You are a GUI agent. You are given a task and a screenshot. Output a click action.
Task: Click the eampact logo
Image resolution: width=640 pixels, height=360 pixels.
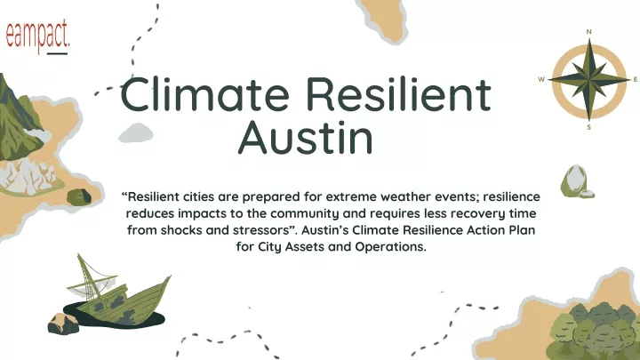tap(37, 36)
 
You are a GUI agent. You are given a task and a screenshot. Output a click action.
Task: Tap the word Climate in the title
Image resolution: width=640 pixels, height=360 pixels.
tap(205, 94)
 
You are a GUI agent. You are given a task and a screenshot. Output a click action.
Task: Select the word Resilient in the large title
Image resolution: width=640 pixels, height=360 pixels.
tap(399, 94)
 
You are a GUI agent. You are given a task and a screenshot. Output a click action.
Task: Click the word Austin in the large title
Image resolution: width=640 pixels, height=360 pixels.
tap(305, 137)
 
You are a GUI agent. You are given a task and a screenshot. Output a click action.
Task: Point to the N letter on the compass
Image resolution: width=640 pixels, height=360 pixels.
tap(588, 32)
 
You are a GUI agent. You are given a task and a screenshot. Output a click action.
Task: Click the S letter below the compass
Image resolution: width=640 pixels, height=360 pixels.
tap(588, 127)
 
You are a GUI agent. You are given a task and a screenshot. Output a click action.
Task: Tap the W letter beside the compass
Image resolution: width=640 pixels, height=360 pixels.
tap(541, 80)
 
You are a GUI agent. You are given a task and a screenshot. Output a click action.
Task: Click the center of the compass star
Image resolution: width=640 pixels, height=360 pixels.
tap(589, 80)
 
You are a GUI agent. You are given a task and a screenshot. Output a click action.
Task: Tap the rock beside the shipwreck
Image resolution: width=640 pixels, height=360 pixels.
tap(63, 324)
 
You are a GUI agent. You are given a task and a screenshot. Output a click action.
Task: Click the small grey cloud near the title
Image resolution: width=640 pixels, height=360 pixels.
tap(136, 133)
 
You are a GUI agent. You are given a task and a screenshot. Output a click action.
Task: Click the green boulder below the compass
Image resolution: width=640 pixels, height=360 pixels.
tap(575, 181)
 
